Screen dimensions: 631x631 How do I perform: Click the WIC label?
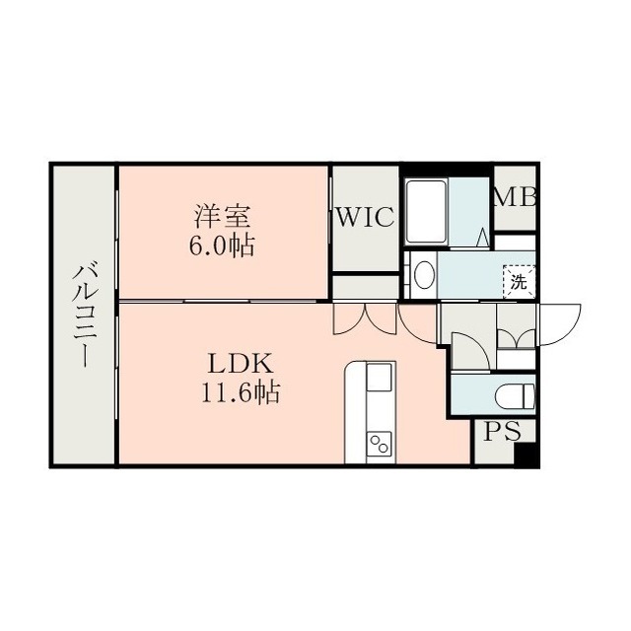point(365,217)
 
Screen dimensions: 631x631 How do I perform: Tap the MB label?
point(515,197)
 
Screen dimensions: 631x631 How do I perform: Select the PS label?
point(502,431)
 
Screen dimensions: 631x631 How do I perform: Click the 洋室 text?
point(223,216)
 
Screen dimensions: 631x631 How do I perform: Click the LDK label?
point(241,364)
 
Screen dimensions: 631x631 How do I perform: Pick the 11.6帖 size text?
point(241,392)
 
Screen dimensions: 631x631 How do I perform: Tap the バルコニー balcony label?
point(86,315)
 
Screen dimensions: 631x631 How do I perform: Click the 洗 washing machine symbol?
point(519,281)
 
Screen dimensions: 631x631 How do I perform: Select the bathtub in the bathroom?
point(426,212)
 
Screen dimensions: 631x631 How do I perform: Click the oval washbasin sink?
point(424,275)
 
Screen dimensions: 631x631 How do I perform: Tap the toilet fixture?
point(516,395)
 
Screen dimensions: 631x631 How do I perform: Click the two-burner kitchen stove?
point(379,445)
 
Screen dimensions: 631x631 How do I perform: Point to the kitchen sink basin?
point(379,377)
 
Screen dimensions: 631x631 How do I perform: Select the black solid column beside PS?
point(526,455)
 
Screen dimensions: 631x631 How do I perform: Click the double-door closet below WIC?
point(365,318)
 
